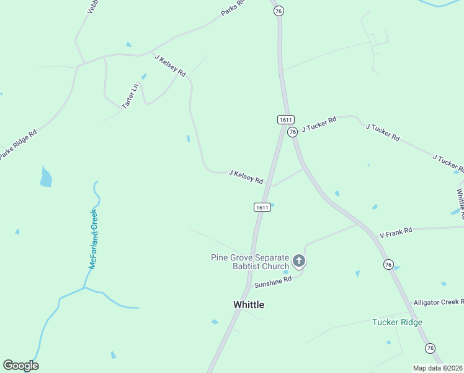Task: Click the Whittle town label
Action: pyautogui.click(x=248, y=305)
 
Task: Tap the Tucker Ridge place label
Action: pyautogui.click(x=397, y=322)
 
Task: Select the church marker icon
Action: pyautogui.click(x=299, y=260)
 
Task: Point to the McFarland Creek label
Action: pyautogui.click(x=94, y=239)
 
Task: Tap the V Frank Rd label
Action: pyautogui.click(x=396, y=232)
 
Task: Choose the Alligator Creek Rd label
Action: pyautogui.click(x=438, y=302)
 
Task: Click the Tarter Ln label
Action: pyautogui.click(x=130, y=96)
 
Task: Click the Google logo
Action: pyautogui.click(x=20, y=366)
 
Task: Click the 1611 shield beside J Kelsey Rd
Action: pyautogui.click(x=262, y=207)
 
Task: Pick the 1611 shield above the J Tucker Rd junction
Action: pyautogui.click(x=285, y=119)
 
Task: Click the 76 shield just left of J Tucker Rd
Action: pyautogui.click(x=292, y=131)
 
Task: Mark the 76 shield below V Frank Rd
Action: pyautogui.click(x=388, y=264)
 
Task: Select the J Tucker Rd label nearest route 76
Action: pyautogui.click(x=319, y=124)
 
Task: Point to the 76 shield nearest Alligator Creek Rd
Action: pyautogui.click(x=430, y=348)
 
